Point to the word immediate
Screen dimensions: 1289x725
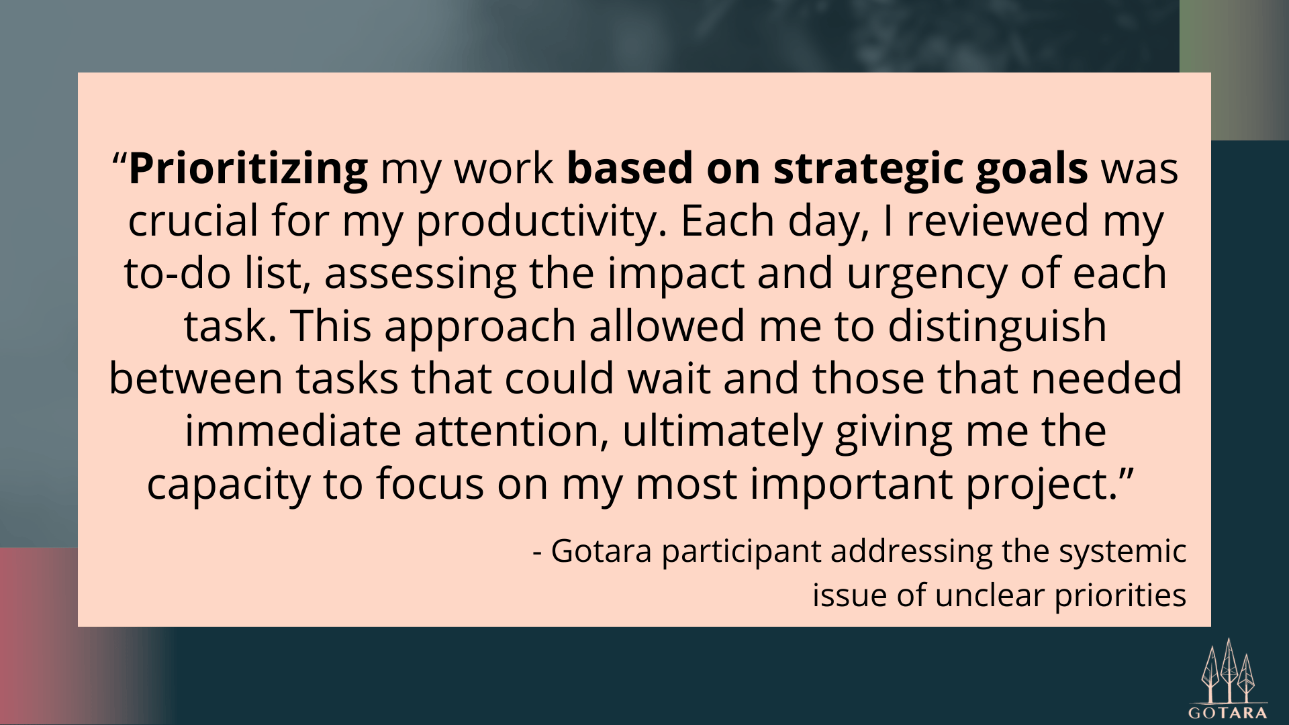tap(293, 430)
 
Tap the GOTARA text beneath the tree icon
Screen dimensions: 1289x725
tap(1229, 713)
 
